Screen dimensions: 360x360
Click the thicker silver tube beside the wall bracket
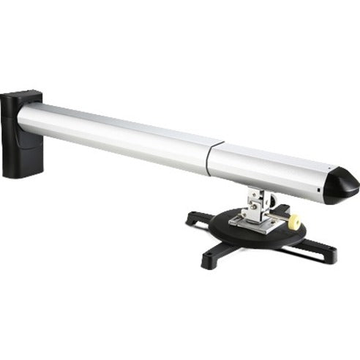pos(117,135)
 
